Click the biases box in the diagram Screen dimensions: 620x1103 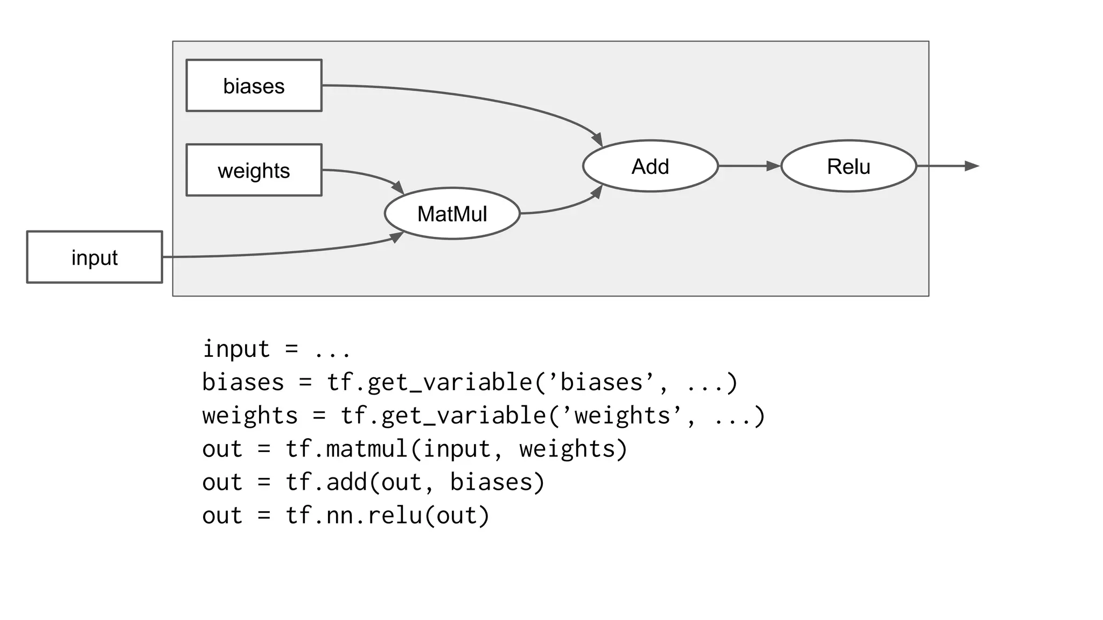(x=254, y=86)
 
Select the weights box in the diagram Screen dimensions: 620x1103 (x=254, y=170)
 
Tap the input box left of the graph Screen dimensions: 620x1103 (x=94, y=257)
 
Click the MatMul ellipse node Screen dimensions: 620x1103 (x=452, y=214)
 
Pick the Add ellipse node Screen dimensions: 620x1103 (x=650, y=166)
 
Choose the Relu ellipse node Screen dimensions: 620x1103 (x=848, y=166)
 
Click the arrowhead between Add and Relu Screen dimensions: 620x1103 (x=773, y=166)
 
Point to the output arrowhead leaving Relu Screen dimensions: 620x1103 (x=972, y=166)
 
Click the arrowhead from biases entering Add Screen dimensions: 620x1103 (x=597, y=140)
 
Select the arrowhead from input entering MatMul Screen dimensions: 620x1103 (x=397, y=237)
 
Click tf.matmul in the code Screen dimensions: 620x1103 (x=346, y=449)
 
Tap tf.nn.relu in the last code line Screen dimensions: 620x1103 (x=353, y=516)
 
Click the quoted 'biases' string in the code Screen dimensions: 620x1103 (x=602, y=383)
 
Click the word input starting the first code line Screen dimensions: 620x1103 (x=236, y=349)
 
